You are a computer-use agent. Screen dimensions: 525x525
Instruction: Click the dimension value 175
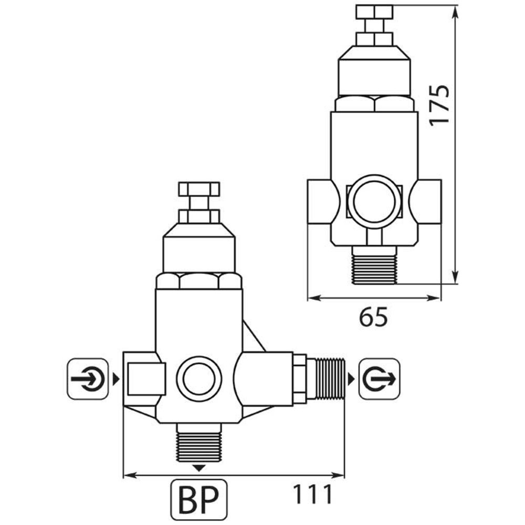click(x=439, y=104)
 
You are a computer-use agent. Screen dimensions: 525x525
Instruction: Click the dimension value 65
click(x=373, y=317)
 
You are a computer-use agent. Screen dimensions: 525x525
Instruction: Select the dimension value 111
click(x=312, y=495)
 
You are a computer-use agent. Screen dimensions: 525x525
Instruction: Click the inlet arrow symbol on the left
click(x=87, y=378)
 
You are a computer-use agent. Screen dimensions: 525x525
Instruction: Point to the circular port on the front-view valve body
click(x=198, y=379)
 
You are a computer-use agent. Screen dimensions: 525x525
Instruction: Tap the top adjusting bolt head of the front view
click(x=199, y=189)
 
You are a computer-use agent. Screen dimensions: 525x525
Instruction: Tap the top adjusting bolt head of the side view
click(x=374, y=12)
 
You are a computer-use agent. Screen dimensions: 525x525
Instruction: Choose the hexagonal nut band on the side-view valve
click(x=374, y=103)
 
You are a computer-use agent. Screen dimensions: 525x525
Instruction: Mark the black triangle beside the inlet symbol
click(x=114, y=378)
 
